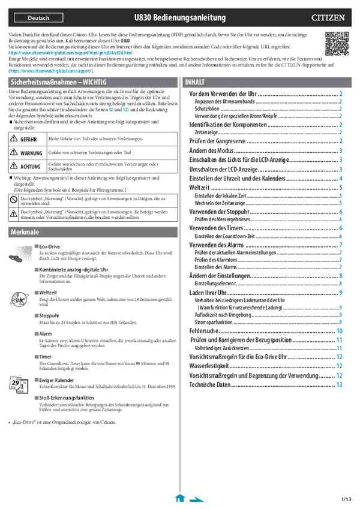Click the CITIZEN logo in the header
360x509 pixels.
point(328,18)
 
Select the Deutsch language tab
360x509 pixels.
point(39,18)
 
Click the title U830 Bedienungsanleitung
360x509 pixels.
point(180,18)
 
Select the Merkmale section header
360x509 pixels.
point(25,231)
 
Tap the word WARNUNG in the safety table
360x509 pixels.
point(31,153)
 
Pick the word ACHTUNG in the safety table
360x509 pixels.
point(31,166)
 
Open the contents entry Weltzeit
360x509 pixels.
point(200,188)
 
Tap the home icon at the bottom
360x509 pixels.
point(179,498)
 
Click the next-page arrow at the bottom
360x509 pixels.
point(196,498)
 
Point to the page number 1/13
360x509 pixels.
point(346,499)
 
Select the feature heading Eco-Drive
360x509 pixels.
point(50,246)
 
